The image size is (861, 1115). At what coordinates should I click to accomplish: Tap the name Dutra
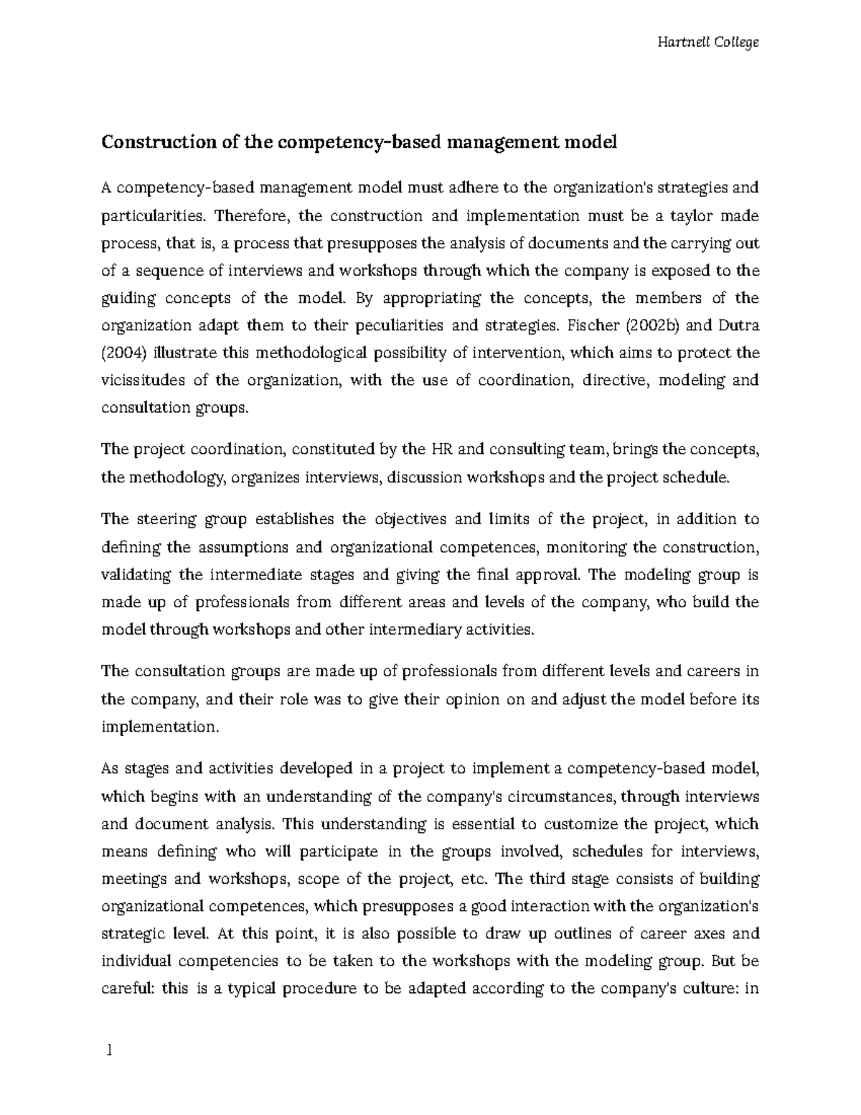(740, 326)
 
